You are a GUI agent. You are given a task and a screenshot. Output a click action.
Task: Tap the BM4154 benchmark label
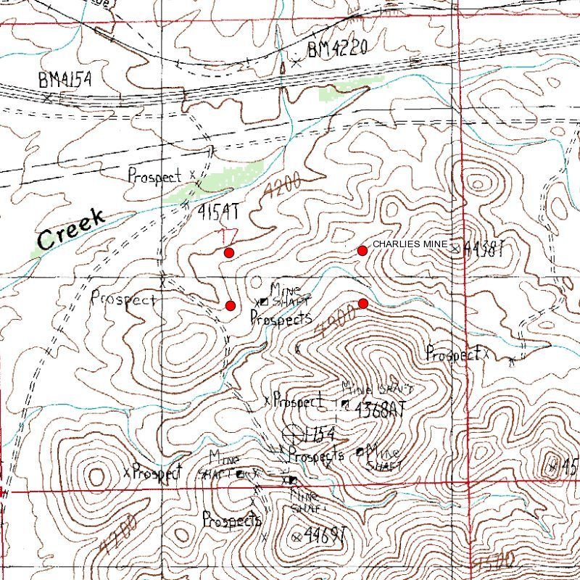pos(65,80)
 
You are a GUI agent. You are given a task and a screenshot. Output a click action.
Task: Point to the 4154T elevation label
pos(217,211)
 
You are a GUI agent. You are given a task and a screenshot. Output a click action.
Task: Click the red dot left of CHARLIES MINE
pos(362,250)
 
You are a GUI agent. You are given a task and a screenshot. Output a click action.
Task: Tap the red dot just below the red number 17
pos(229,252)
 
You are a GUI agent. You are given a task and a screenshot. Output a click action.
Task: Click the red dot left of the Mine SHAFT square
pos(230,304)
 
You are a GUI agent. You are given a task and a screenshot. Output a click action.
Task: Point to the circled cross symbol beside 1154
pos(294,434)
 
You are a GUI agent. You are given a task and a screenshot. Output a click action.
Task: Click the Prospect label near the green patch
pos(153,175)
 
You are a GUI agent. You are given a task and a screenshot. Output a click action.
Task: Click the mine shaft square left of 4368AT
pos(344,402)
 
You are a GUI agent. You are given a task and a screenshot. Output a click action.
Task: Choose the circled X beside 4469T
pos(297,536)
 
